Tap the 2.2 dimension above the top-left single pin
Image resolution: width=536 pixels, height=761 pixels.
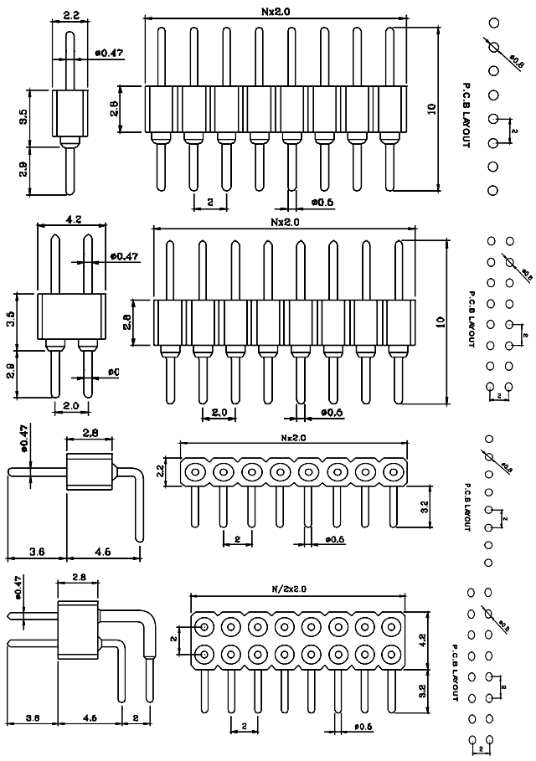pyautogui.click(x=70, y=15)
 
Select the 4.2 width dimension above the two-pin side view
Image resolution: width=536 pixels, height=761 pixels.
pyautogui.click(x=72, y=221)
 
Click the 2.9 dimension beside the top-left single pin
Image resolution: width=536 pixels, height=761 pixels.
pyautogui.click(x=23, y=170)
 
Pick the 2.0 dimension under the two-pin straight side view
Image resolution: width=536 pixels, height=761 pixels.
pyautogui.click(x=71, y=405)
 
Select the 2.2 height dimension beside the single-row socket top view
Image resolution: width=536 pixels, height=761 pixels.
pyautogui.click(x=171, y=471)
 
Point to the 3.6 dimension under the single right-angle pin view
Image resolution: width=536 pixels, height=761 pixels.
pyautogui.click(x=36, y=551)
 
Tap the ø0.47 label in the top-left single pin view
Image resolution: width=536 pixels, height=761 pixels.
pyautogui.click(x=108, y=53)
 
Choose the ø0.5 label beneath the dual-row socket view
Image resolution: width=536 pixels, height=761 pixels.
pyautogui.click(x=363, y=726)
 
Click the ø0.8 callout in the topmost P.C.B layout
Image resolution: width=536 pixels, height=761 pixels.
pyautogui.click(x=517, y=61)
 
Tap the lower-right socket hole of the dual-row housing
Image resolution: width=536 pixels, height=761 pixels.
pyautogui.click(x=391, y=653)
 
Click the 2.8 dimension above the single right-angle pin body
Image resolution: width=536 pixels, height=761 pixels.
pyautogui.click(x=89, y=432)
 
